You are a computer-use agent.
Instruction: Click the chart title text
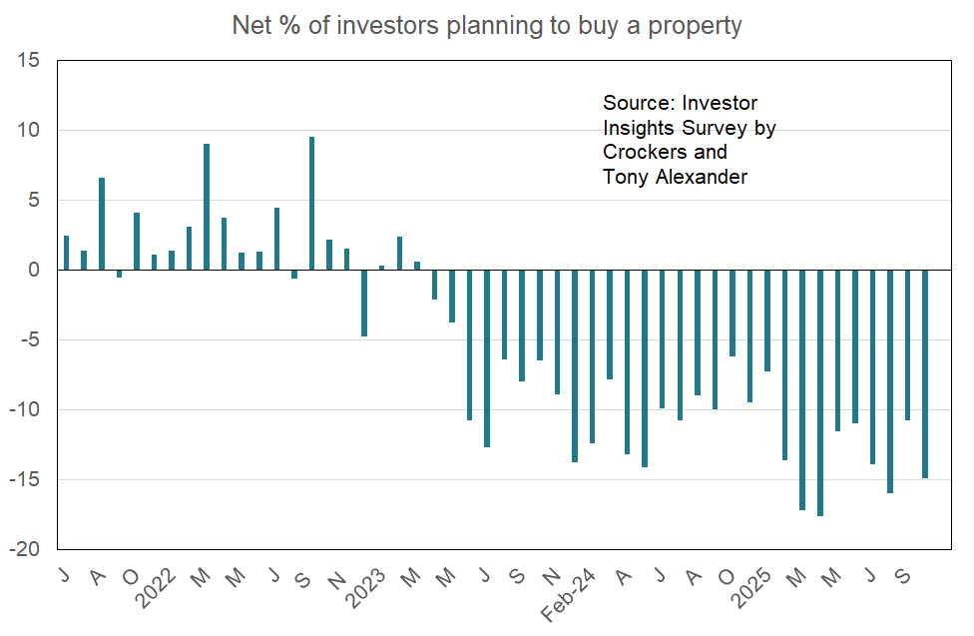487,25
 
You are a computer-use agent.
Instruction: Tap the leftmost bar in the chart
67,253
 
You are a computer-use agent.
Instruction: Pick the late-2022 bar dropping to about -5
364,303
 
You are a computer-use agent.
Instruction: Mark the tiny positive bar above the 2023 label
382,268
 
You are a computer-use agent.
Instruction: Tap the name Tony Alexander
675,178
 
